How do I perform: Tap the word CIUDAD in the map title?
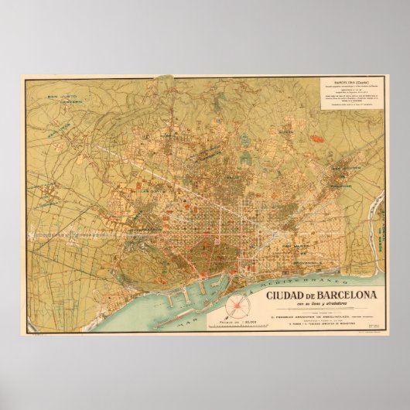[285, 295]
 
